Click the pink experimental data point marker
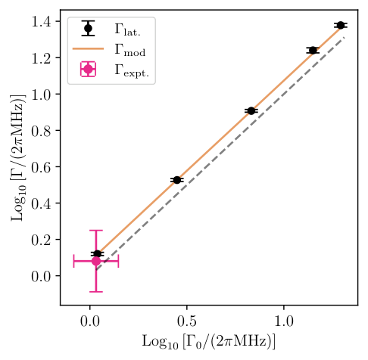click(x=96, y=261)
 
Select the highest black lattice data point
click(x=341, y=25)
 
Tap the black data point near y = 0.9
click(x=252, y=110)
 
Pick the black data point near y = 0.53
click(x=177, y=180)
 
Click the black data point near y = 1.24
click(x=313, y=50)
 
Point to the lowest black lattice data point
click(x=97, y=254)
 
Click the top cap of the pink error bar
click(x=96, y=231)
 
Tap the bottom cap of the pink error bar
click(x=96, y=291)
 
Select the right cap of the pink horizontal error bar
click(x=118, y=261)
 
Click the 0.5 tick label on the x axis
click(x=187, y=318)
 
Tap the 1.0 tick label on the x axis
click(x=284, y=318)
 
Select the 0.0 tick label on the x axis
click(x=90, y=318)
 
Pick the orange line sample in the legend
click(x=89, y=50)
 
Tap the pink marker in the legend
click(x=89, y=70)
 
